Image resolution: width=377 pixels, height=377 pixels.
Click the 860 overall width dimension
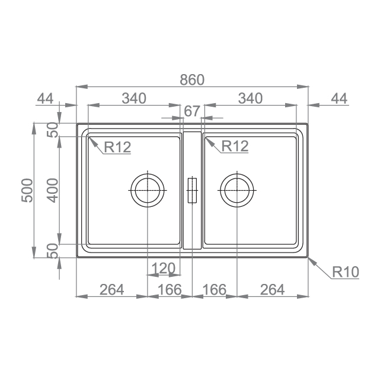point(192,80)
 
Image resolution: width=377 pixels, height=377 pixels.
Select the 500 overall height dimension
point(27,190)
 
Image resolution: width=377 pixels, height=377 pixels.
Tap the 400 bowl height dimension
point(53,190)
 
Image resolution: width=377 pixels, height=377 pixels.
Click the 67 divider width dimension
point(192,111)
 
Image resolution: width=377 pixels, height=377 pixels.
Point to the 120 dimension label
point(164,268)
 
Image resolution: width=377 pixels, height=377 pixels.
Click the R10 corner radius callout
point(345,271)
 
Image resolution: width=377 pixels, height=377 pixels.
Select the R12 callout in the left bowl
point(117,147)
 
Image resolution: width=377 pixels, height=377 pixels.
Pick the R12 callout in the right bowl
point(235,146)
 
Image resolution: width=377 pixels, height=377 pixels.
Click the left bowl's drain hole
point(148,190)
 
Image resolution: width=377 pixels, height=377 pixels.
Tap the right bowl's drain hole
point(237,190)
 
